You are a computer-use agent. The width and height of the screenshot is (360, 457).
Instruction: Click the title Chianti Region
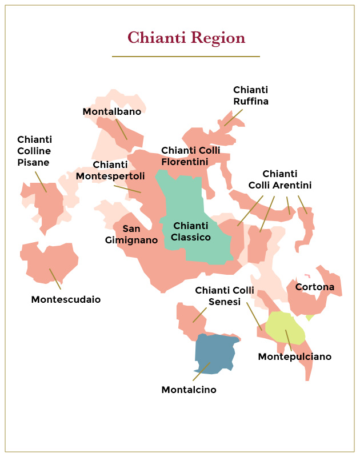[186, 38]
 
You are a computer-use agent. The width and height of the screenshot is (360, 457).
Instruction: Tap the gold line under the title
[186, 57]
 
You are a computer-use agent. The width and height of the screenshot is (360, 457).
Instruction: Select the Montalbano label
[112, 111]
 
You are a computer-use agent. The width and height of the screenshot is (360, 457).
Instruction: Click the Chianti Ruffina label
[250, 95]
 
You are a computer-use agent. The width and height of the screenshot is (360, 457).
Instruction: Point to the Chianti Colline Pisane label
[34, 151]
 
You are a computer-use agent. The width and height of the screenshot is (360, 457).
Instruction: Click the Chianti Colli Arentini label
[279, 179]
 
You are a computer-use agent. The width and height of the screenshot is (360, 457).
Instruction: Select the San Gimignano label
[131, 234]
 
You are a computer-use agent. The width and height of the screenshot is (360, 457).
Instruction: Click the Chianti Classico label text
[191, 231]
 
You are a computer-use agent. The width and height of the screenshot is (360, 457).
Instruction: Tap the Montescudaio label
[66, 299]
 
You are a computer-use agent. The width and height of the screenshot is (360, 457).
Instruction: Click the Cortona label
[315, 287]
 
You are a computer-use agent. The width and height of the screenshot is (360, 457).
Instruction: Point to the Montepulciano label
[294, 356]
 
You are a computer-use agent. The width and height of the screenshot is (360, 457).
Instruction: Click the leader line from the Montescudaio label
[55, 279]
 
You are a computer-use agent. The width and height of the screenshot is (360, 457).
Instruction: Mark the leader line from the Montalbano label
[121, 129]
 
